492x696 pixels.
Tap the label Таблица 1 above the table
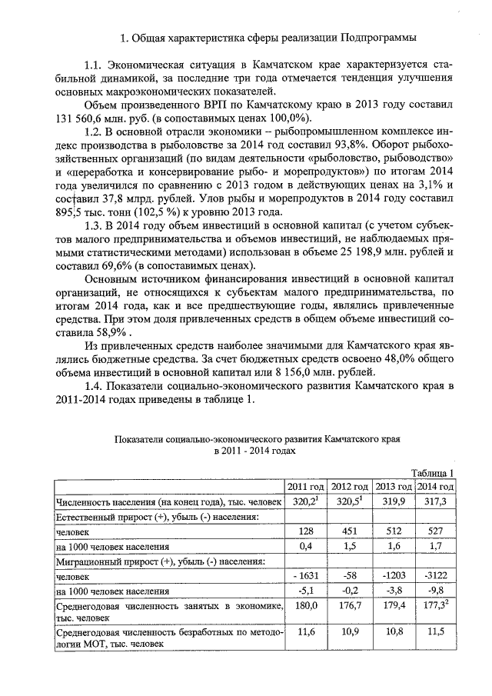pos(433,473)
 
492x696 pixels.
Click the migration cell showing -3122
pos(435,576)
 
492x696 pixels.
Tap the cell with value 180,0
pos(306,606)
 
